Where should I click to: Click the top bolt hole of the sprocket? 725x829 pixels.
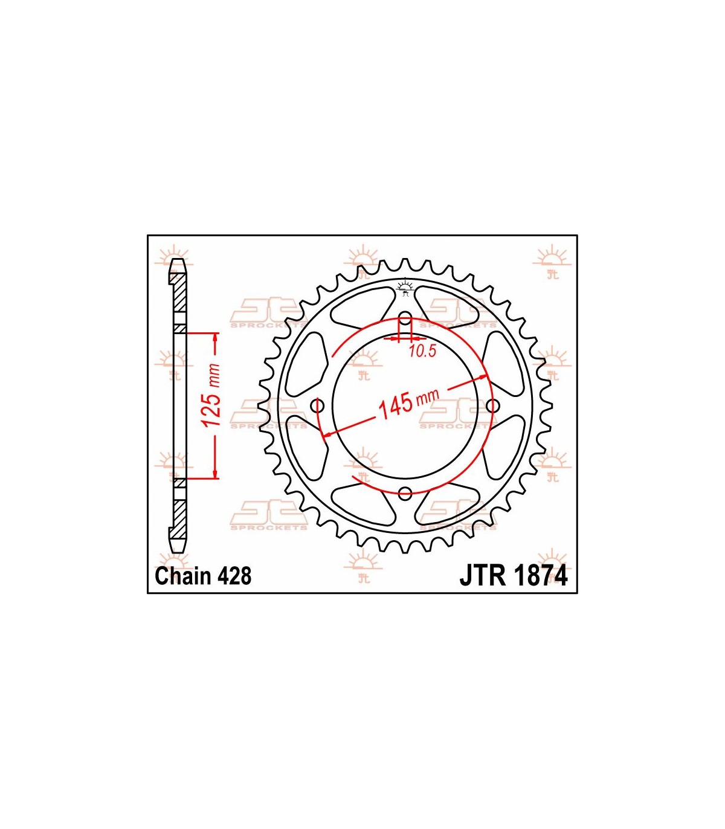click(x=405, y=318)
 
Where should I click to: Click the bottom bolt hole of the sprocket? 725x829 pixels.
click(x=405, y=492)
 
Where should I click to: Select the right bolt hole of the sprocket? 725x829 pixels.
click(x=492, y=405)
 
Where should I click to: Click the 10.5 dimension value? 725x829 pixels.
click(x=422, y=351)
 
